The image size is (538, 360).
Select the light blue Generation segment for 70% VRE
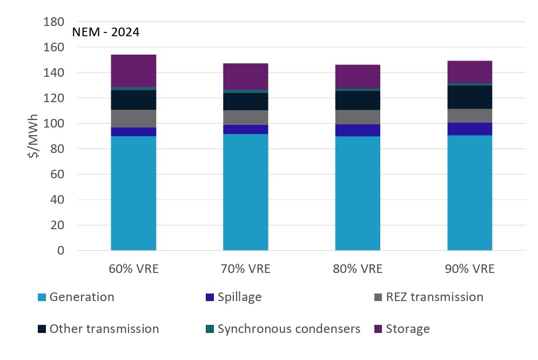pos(246,192)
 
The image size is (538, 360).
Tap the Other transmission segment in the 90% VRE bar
pos(470,97)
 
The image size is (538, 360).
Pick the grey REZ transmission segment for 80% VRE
pos(358,117)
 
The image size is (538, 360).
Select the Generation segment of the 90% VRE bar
pos(470,192)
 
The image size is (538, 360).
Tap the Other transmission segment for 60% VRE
pos(133,99)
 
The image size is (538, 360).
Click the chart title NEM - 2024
pos(106,32)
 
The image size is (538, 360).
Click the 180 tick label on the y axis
pos(53,22)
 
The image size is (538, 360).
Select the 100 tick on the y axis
pos(53,124)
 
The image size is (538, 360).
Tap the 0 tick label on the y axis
pos(60,251)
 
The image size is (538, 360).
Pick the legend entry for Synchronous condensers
pos(288,329)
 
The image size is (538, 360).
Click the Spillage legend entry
pos(239,297)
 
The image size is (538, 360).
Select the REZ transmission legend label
pos(434,297)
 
